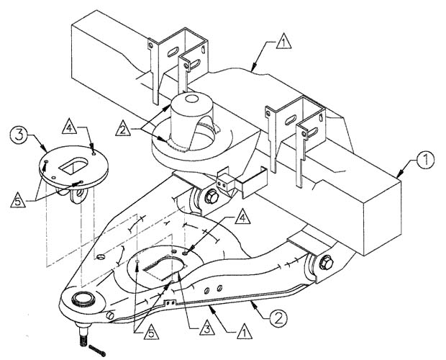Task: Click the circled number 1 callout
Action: click(x=426, y=160)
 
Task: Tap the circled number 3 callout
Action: click(x=19, y=135)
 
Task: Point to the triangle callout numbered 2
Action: click(x=123, y=128)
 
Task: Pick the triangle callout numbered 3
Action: click(x=206, y=328)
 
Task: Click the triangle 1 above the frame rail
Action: click(x=283, y=42)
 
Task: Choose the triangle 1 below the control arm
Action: click(x=245, y=331)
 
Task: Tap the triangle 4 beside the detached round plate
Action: click(x=69, y=126)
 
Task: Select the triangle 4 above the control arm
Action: click(x=242, y=217)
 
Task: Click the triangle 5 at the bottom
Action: click(x=151, y=332)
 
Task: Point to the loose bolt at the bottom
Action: click(x=97, y=351)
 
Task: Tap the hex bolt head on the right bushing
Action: click(x=326, y=263)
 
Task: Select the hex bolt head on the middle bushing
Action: click(x=211, y=197)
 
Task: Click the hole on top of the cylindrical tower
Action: click(x=191, y=99)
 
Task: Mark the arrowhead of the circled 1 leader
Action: click(x=399, y=174)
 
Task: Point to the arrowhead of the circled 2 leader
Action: click(x=254, y=305)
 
